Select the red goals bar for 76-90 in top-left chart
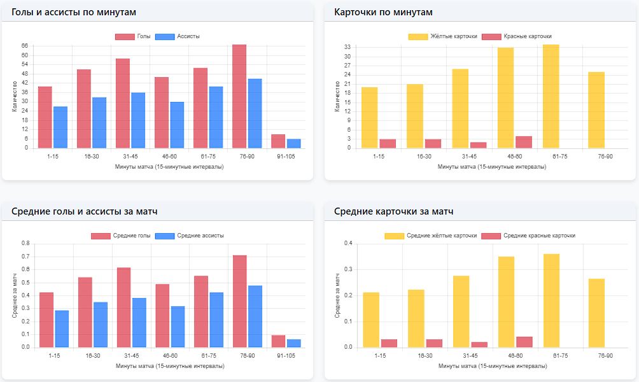pyautogui.click(x=239, y=96)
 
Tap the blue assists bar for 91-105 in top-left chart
pyautogui.click(x=294, y=143)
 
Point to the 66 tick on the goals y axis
pyautogui.click(x=24, y=46)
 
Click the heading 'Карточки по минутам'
pyautogui.click(x=383, y=12)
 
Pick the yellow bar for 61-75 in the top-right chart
pyautogui.click(x=551, y=96)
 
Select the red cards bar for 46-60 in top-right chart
pyautogui.click(x=523, y=142)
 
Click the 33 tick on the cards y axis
pyautogui.click(x=348, y=47)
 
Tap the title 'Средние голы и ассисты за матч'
pyautogui.click(x=85, y=211)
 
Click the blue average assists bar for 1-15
pyautogui.click(x=62, y=329)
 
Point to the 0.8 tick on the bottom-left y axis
pyautogui.click(x=25, y=243)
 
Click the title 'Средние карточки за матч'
pyautogui.click(x=393, y=211)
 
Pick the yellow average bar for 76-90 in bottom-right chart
pyautogui.click(x=596, y=313)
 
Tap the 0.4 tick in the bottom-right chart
pyautogui.click(x=348, y=243)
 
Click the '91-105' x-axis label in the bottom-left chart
pyautogui.click(x=286, y=356)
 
